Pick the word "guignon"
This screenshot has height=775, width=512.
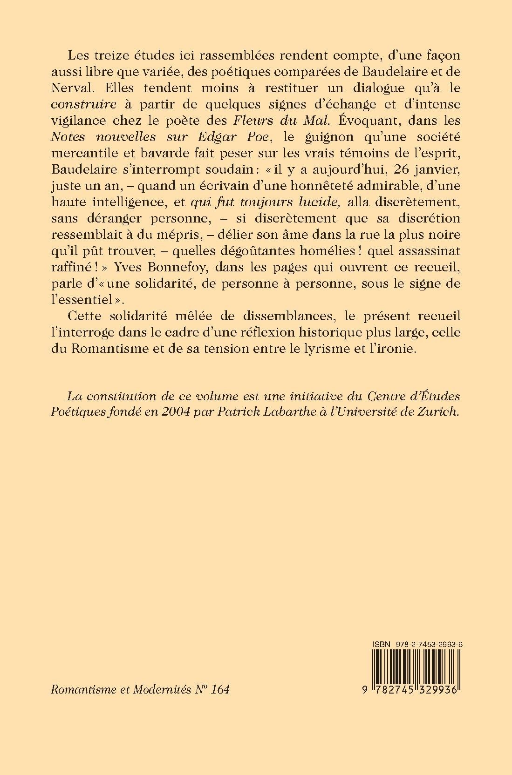[x=311, y=137]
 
